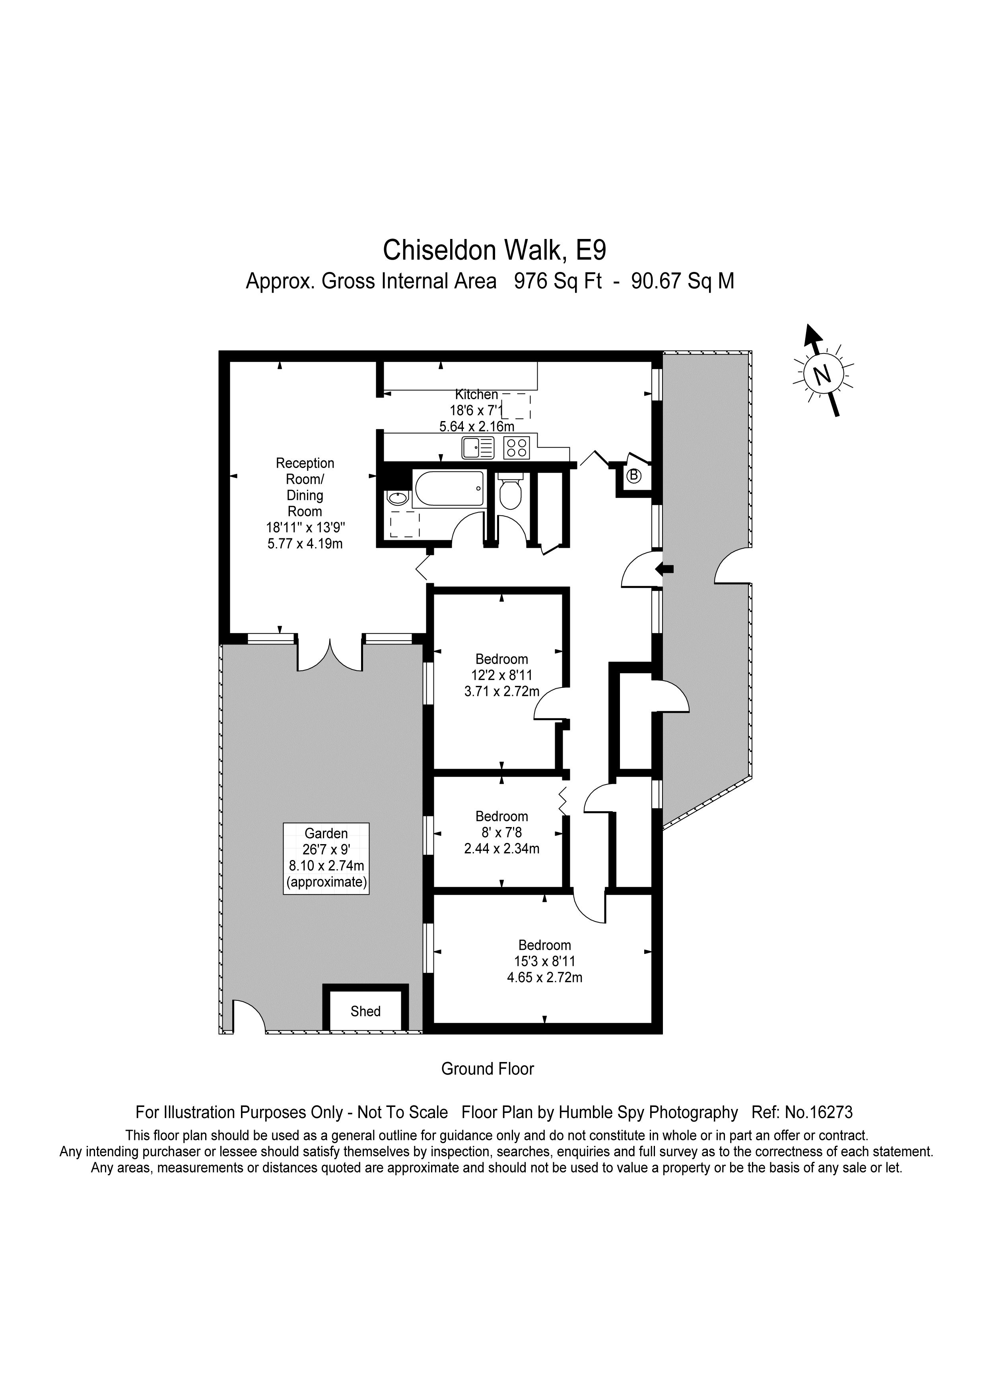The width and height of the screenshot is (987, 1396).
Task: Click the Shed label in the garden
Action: [365, 1011]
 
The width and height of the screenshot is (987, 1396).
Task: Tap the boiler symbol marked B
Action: [633, 475]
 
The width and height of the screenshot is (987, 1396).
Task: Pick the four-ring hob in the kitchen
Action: [517, 448]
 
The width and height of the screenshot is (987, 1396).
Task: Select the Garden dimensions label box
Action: [326, 858]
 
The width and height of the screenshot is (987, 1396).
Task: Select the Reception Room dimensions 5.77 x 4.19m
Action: [305, 544]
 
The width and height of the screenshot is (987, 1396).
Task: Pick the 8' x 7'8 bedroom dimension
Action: [502, 832]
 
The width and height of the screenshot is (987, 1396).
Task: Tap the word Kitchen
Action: [477, 394]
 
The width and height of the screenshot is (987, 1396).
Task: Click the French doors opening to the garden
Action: [330, 654]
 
